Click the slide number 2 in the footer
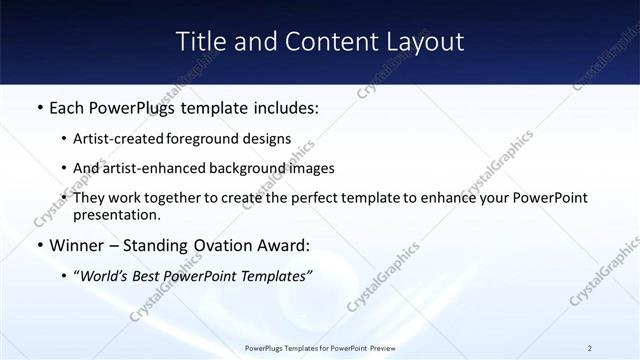tap(590, 347)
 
